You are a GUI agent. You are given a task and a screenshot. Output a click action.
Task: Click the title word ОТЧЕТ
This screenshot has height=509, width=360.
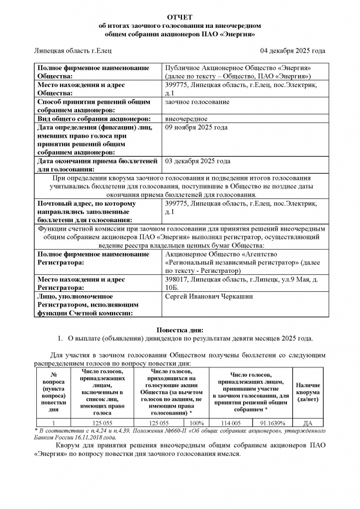coord(180,17)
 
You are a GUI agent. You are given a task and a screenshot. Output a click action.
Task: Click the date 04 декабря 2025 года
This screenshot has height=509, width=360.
coord(293,51)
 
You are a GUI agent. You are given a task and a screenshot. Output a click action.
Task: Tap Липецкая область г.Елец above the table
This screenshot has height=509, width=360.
coord(73,51)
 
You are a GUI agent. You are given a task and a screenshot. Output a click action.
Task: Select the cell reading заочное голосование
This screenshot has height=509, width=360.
coord(197,102)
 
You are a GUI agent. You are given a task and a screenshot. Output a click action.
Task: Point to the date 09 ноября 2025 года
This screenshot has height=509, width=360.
coord(196,127)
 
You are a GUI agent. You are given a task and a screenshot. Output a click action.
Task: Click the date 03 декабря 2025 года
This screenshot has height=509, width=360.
coord(197,161)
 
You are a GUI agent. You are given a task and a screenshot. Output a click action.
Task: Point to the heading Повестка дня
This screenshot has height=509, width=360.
coord(180,330)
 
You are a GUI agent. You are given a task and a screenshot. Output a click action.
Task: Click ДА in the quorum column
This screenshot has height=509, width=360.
coord(307,423)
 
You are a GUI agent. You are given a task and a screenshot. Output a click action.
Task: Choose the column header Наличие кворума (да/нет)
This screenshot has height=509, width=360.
coord(307,392)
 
